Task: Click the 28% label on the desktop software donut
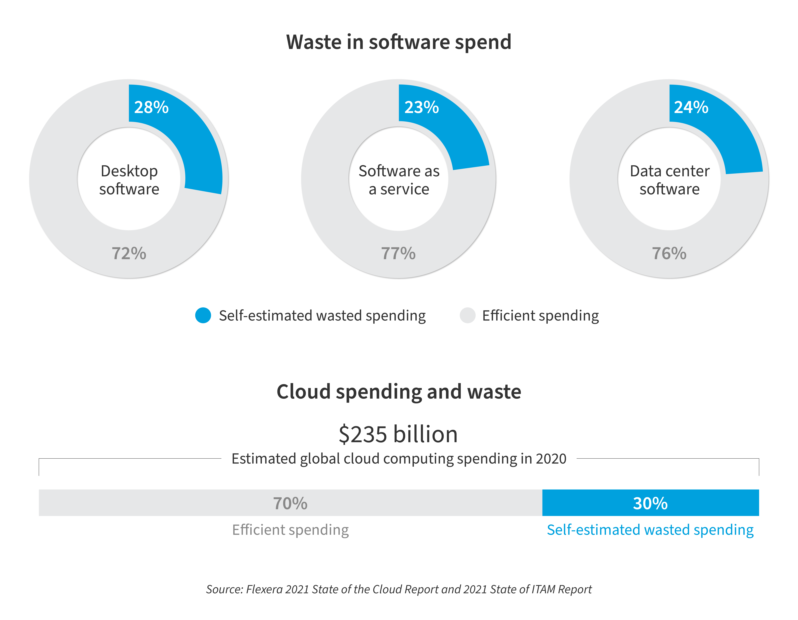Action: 151,107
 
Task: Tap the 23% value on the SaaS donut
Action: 421,107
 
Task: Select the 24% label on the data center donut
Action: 691,107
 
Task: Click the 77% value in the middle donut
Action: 398,253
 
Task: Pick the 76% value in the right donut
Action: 669,253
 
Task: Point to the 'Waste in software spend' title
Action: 399,42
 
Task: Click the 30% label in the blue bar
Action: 650,503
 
